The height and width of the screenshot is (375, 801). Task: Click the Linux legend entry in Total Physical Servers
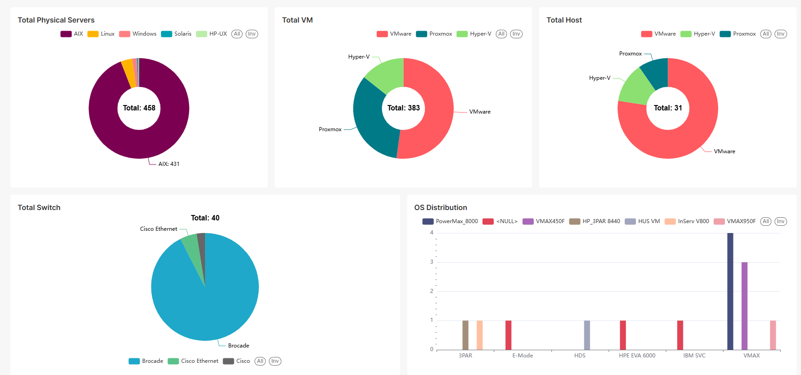click(101, 34)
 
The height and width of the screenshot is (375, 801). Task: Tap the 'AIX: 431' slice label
click(168, 164)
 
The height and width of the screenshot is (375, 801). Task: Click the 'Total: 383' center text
click(403, 108)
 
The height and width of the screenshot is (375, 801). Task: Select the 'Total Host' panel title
click(564, 20)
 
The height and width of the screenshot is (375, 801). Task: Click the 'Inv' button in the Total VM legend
click(516, 34)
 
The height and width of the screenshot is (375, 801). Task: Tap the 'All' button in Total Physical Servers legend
click(237, 34)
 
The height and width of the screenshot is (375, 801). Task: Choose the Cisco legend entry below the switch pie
click(237, 361)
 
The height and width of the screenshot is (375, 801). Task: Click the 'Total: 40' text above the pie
click(205, 218)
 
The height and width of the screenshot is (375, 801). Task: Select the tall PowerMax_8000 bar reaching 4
click(730, 291)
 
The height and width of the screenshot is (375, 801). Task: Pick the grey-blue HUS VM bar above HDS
click(587, 335)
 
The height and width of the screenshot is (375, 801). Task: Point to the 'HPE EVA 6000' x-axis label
click(637, 356)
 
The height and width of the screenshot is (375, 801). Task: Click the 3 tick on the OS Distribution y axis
click(432, 262)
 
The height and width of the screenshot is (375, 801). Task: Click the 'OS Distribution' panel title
click(440, 208)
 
